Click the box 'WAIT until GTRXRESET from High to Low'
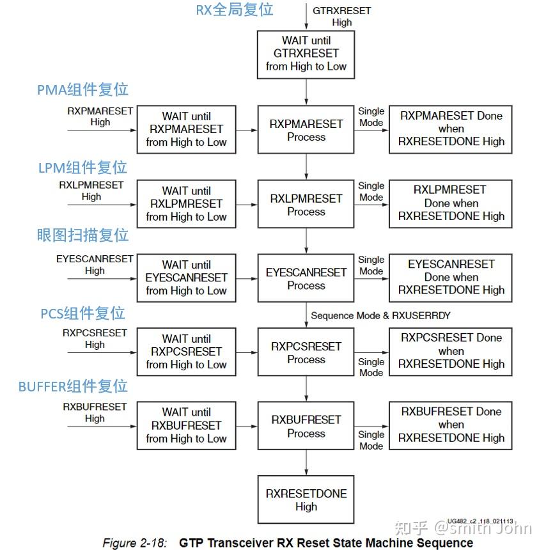pyautogui.click(x=306, y=54)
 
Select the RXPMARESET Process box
pyautogui.click(x=306, y=130)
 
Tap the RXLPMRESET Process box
pyautogui.click(x=306, y=205)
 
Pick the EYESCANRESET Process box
pyautogui.click(x=306, y=279)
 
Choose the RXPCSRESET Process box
pyautogui.click(x=306, y=352)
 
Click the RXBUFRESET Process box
pyautogui.click(x=306, y=426)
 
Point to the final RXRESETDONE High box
pyautogui.click(x=306, y=499)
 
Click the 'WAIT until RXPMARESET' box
pyautogui.click(x=186, y=130)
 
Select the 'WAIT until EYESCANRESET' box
pyautogui.click(x=186, y=278)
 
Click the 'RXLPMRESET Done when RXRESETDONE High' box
pyautogui.click(x=451, y=203)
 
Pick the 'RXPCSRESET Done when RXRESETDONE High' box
pyautogui.click(x=451, y=351)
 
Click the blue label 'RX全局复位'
pyautogui.click(x=235, y=10)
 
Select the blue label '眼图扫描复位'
pyautogui.click(x=83, y=235)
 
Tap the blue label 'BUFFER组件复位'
pyautogui.click(x=73, y=386)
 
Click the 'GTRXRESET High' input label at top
pyautogui.click(x=341, y=17)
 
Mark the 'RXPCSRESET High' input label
pyautogui.click(x=95, y=339)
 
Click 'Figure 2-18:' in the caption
pyautogui.click(x=136, y=543)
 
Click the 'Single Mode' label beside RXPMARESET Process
pyautogui.click(x=371, y=117)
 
